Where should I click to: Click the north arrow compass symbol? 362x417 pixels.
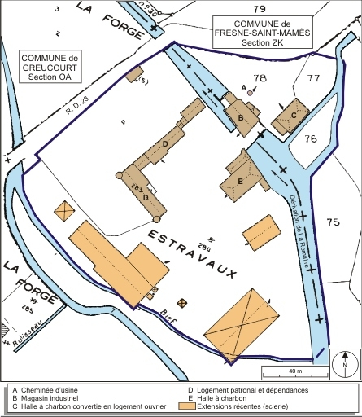(x=346, y=361)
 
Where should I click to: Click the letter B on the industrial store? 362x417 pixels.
(x=241, y=117)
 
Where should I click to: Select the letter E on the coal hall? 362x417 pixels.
(x=241, y=181)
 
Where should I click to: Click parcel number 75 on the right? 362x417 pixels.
(x=331, y=222)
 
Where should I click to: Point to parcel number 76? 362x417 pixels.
(x=309, y=139)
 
